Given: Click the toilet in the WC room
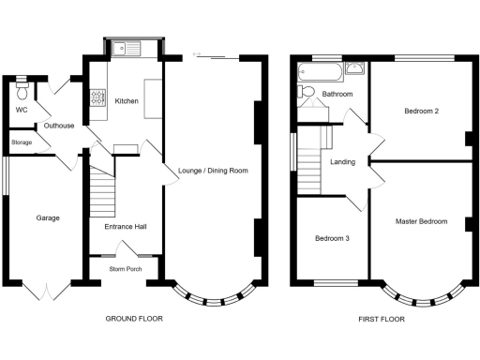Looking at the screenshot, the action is tap(22, 91).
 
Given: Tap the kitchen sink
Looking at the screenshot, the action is tap(127, 49).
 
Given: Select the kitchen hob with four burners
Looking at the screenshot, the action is tap(97, 97).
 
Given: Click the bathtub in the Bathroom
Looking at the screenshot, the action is tap(321, 72).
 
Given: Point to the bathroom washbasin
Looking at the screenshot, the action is tap(354, 68).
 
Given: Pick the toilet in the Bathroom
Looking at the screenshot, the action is tap(307, 92).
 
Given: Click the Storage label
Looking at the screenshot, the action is tap(22, 142).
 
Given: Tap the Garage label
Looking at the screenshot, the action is tap(48, 218).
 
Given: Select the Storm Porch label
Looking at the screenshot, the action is tap(126, 269).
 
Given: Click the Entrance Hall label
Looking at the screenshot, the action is tap(126, 227).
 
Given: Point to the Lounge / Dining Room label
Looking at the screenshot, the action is tap(213, 171).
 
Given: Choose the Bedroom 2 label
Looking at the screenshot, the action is tap(422, 111).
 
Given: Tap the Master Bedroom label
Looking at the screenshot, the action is tap(421, 221).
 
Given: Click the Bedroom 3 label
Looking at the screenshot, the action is tap(332, 238).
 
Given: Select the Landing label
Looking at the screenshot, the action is tap(343, 162).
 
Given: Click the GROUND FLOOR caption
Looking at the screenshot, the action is tap(134, 319).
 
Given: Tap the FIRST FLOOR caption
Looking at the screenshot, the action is tap(382, 320).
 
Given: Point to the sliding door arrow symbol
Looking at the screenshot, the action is tap(197, 54).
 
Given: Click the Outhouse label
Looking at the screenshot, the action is tap(59, 126).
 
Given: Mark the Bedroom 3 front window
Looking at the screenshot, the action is tap(336, 283).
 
